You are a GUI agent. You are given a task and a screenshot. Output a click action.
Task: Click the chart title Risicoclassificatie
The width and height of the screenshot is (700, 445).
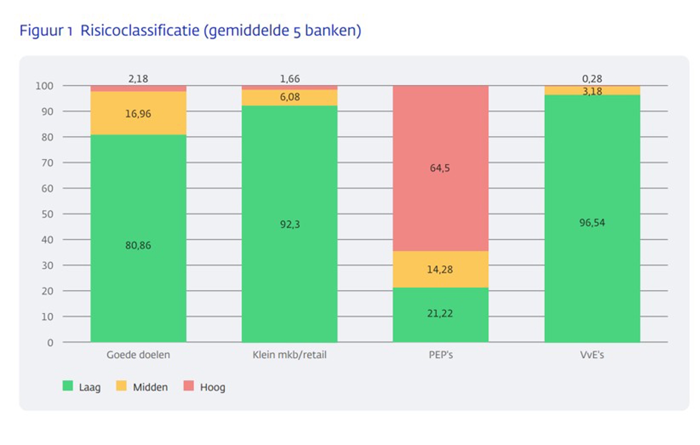[x=190, y=31]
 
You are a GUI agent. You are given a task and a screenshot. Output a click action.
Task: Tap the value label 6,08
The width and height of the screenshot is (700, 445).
[x=290, y=97]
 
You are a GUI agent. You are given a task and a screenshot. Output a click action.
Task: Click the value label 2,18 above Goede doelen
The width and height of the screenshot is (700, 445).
[x=138, y=79]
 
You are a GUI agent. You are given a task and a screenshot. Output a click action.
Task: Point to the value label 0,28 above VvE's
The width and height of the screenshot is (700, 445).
[x=592, y=79]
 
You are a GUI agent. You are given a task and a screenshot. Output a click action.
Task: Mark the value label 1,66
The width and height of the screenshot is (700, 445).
[x=290, y=79]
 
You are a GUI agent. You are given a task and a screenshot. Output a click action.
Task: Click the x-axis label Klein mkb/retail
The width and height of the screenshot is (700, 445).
[x=289, y=355]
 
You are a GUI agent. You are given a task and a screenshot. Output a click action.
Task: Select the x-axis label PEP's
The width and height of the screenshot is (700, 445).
[x=441, y=355]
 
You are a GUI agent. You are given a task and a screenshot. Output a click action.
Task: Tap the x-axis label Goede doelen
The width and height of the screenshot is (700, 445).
[x=138, y=355]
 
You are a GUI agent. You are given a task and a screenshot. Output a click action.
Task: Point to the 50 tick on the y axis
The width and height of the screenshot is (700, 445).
[x=47, y=214]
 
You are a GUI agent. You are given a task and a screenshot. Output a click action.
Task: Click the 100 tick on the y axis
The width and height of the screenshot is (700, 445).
[x=45, y=86]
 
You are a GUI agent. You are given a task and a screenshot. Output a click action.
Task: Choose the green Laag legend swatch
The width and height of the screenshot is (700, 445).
[x=68, y=385]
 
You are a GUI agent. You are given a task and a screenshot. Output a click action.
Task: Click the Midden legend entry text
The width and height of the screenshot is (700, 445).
[x=150, y=387]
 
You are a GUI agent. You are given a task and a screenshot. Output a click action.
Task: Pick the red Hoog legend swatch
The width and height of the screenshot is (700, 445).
[x=189, y=385]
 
